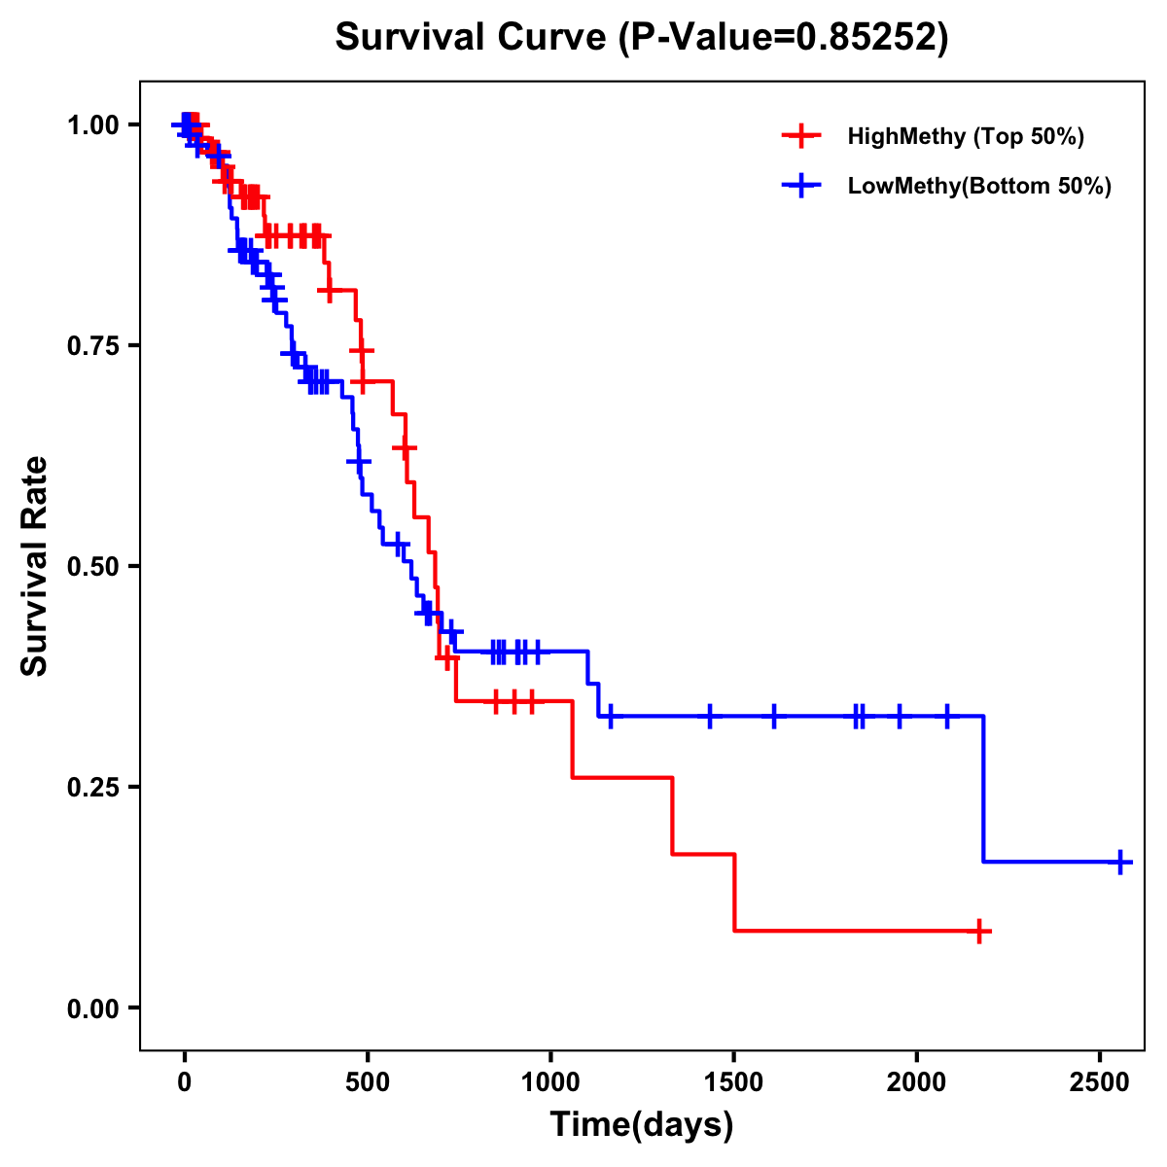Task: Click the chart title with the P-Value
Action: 642,37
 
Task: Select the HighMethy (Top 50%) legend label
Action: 965,136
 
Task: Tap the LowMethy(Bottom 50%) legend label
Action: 979,186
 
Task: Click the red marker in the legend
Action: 799,136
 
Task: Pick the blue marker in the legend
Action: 799,186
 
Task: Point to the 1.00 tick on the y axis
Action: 93,125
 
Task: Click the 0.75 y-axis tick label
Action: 93,346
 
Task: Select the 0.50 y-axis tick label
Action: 93,567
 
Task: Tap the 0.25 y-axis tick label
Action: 93,788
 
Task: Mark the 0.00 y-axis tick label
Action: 93,1008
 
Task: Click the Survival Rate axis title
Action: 35,566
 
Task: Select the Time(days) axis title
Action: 642,1125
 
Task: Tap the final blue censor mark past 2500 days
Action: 1120,862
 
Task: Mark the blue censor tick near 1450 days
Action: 710,716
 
